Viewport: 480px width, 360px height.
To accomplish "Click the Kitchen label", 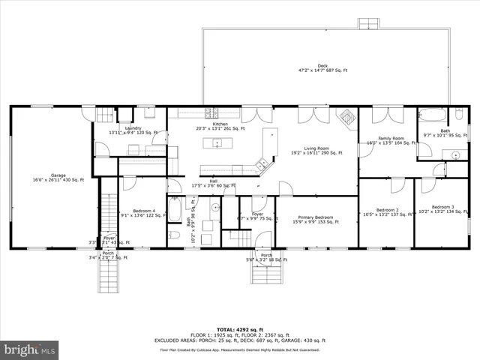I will click(220, 125).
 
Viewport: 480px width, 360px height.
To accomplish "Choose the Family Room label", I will click(390, 139).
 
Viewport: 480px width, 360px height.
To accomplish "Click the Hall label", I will click(213, 182).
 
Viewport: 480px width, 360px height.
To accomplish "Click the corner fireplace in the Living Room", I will click(346, 116).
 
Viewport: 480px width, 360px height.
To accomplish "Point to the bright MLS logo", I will click(30, 349).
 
